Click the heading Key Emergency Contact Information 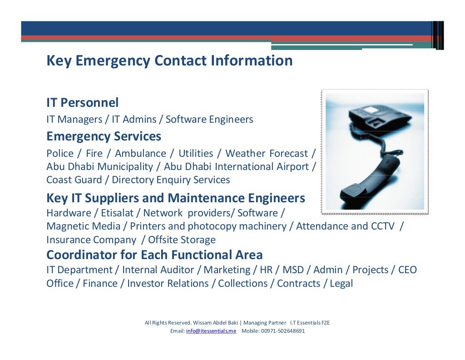[x=169, y=60]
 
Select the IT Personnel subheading [x=83, y=103]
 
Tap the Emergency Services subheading [x=104, y=136]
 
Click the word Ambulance [x=140, y=154]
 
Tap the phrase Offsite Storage [x=182, y=240]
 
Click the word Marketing [x=227, y=270]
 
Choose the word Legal [x=341, y=284]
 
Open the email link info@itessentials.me [x=211, y=331]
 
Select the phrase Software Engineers [x=209, y=120]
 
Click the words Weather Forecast [x=267, y=154]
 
